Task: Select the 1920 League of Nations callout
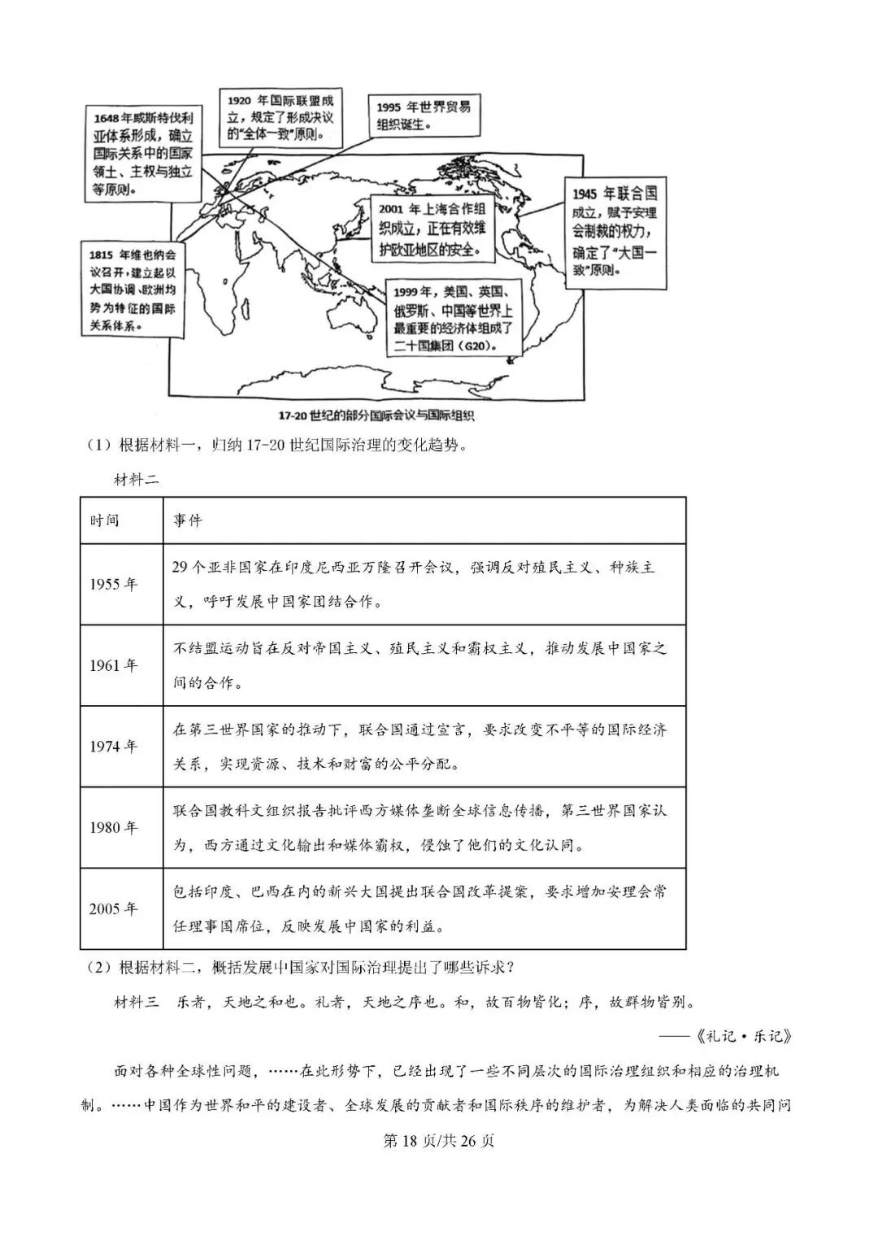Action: click(280, 117)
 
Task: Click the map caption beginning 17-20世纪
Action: click(376, 416)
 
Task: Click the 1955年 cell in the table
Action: click(114, 585)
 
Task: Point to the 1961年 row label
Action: click(114, 665)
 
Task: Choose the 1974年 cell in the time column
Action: click(114, 747)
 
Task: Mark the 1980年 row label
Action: click(114, 828)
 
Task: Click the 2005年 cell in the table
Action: click(114, 908)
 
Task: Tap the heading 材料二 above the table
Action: click(136, 479)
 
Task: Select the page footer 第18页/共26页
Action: click(438, 1141)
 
